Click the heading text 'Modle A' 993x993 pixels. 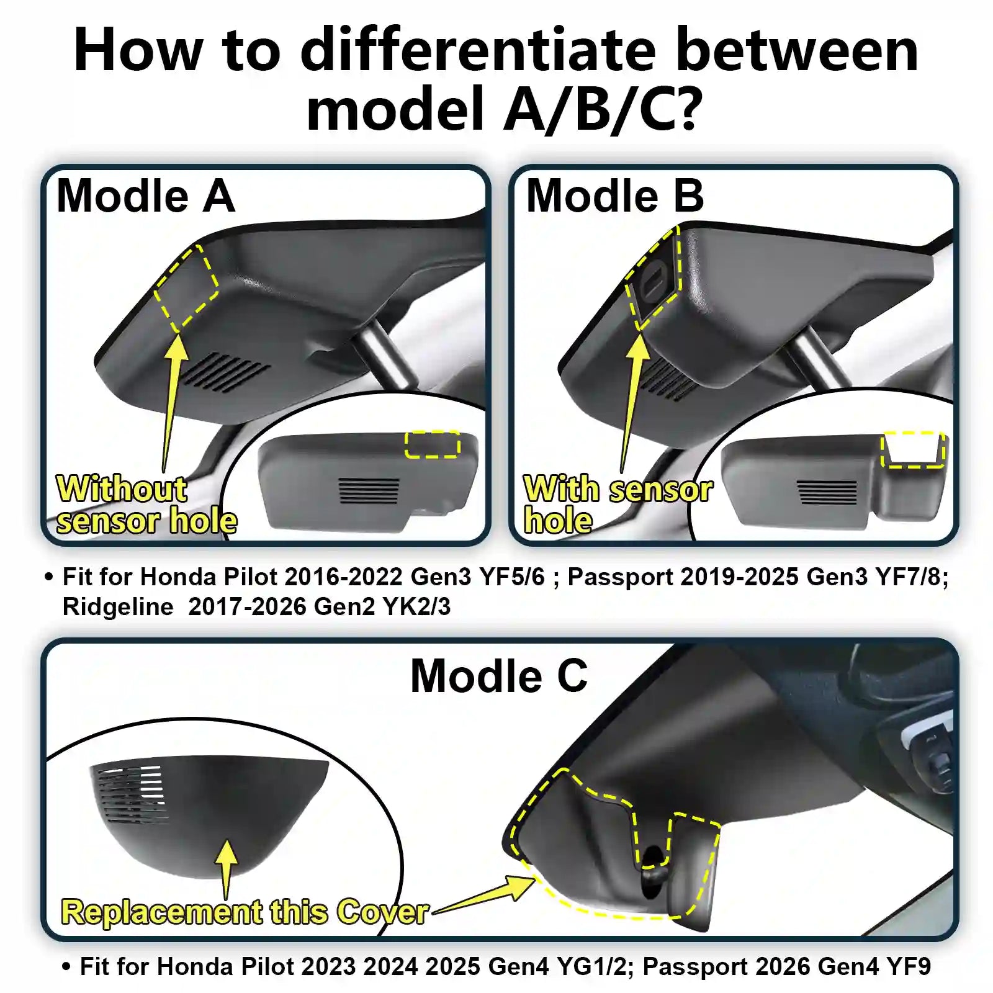pyautogui.click(x=146, y=196)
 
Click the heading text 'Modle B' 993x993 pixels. pyautogui.click(x=614, y=196)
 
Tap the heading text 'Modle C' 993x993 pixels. pyautogui.click(x=499, y=676)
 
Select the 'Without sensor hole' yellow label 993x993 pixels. pyautogui.click(x=146, y=505)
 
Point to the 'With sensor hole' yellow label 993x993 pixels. pyautogui.click(x=618, y=503)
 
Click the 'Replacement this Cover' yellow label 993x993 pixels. pyautogui.click(x=245, y=912)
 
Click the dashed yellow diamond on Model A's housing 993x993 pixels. pyautogui.click(x=187, y=288)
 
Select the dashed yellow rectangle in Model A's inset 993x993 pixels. pyautogui.click(x=433, y=444)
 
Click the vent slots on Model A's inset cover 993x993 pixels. pyautogui.click(x=369, y=490)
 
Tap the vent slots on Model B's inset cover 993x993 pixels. pyautogui.click(x=827, y=492)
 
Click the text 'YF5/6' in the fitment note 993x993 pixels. pyautogui.click(x=511, y=577)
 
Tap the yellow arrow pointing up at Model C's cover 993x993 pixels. pyautogui.click(x=227, y=866)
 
